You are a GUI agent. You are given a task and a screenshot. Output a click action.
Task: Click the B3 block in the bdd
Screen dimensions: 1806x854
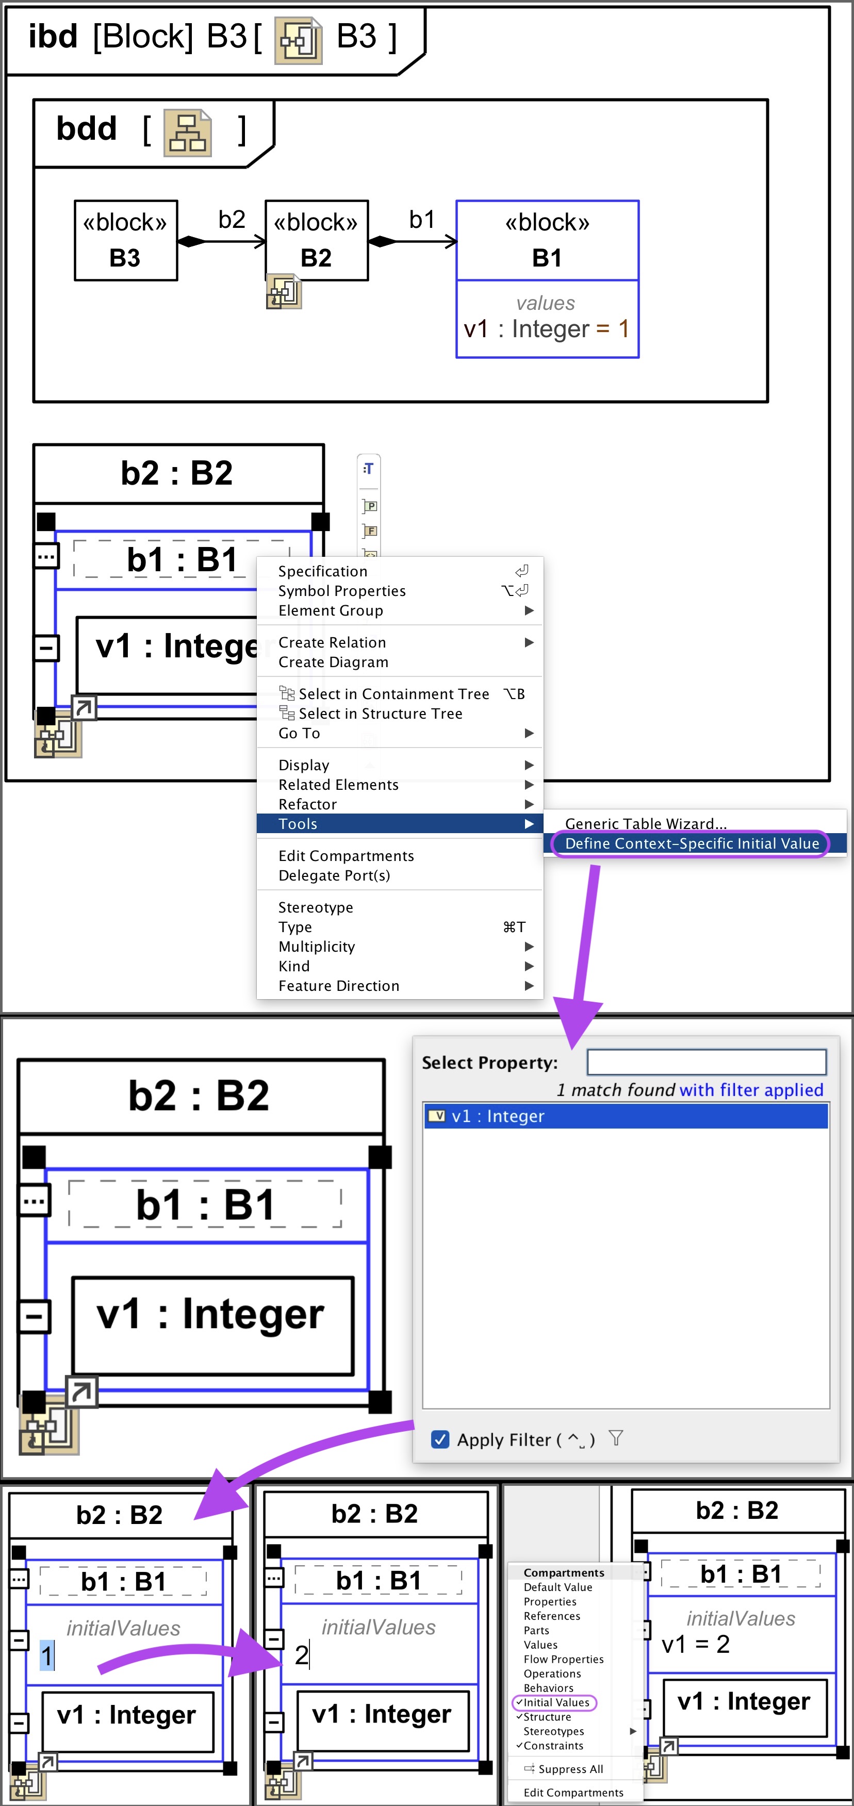pos(125,240)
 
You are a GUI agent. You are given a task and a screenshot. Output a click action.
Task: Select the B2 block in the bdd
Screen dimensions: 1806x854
pos(316,240)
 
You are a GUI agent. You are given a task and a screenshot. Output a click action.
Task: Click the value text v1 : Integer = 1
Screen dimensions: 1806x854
pos(546,329)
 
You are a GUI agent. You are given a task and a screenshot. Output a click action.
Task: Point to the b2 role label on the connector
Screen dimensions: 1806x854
pos(232,220)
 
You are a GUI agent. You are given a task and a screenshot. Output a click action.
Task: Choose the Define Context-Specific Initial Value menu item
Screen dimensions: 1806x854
pos(692,843)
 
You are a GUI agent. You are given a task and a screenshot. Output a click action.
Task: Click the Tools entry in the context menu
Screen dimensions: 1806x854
pos(299,824)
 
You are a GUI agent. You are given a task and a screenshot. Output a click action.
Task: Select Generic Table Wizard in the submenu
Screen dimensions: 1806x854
pos(645,824)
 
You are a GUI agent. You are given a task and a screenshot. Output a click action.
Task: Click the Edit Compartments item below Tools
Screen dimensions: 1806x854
pos(346,856)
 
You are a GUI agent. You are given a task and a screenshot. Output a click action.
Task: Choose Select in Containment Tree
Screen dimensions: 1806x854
pos(393,694)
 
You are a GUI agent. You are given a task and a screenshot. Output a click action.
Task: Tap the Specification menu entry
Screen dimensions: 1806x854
pos(322,571)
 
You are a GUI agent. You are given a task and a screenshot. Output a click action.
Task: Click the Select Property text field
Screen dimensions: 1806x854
pos(706,1062)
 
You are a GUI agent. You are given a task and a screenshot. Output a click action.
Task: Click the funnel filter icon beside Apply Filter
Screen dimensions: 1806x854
pos(616,1438)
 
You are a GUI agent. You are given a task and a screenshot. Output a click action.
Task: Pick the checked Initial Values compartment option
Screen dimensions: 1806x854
pos(555,1702)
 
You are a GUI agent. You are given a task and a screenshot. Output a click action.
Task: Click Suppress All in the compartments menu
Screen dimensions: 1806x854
pos(570,1769)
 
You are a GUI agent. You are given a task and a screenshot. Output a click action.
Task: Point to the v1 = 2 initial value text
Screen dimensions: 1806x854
pos(696,1644)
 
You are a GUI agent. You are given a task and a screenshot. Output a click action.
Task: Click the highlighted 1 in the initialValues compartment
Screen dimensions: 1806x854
pos(46,1656)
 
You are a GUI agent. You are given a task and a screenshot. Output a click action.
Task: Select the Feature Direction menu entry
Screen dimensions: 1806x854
pos(339,986)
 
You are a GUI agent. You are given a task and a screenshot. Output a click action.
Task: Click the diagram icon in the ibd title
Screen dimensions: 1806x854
pos(298,41)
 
